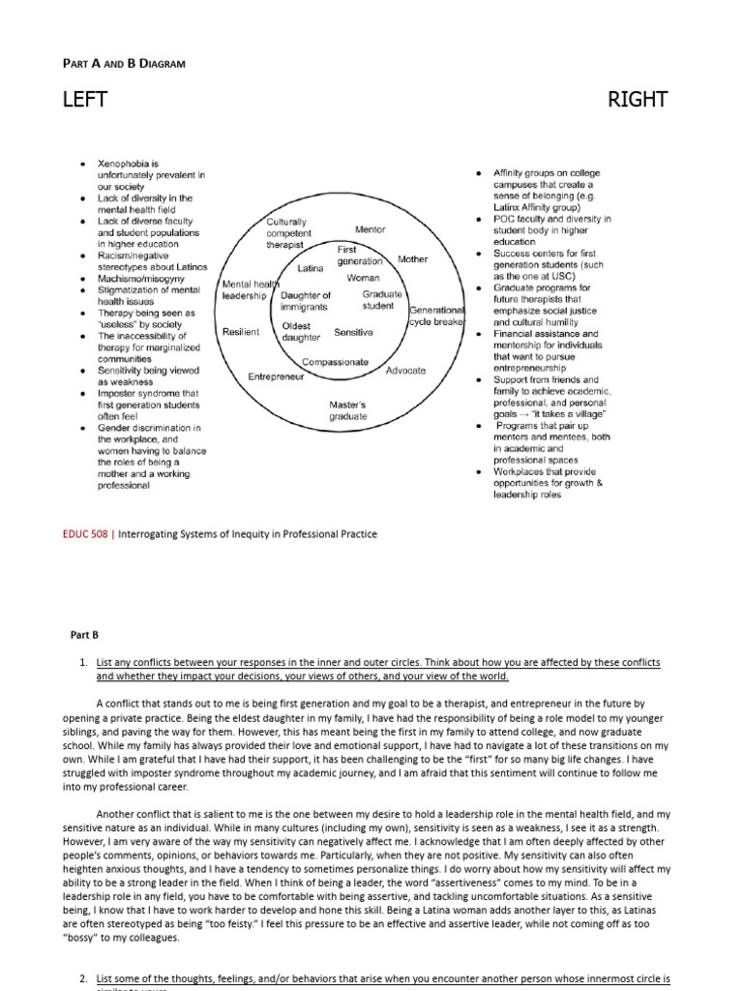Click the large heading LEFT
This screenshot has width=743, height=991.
85,100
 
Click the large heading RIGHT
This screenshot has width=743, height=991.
638,100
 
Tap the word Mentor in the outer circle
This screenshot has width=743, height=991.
370,229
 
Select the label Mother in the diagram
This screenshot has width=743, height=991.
412,259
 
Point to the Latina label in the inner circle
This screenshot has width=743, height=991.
311,268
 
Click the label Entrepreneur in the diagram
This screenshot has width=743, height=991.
276,376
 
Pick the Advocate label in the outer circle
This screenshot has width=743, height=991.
405,371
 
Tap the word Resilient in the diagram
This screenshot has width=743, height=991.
241,332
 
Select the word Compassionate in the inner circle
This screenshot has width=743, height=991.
335,362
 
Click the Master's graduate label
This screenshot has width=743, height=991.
348,410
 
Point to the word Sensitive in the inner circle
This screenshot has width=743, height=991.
353,332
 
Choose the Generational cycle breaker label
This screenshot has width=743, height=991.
437,315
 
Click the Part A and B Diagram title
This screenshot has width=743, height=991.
124,64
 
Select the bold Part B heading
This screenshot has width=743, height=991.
84,635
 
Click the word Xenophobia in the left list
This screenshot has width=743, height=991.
128,164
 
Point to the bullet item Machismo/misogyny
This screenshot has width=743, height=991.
139,279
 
